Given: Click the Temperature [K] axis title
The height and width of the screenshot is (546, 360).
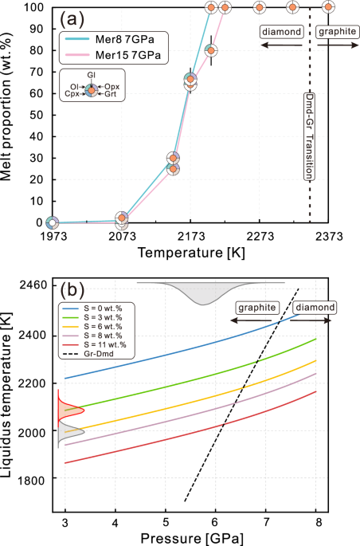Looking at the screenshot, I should [x=190, y=253].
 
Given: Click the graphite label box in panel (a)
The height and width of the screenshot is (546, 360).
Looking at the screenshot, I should [x=334, y=32].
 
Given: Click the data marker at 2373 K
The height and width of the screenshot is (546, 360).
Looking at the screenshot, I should [x=328, y=7].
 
